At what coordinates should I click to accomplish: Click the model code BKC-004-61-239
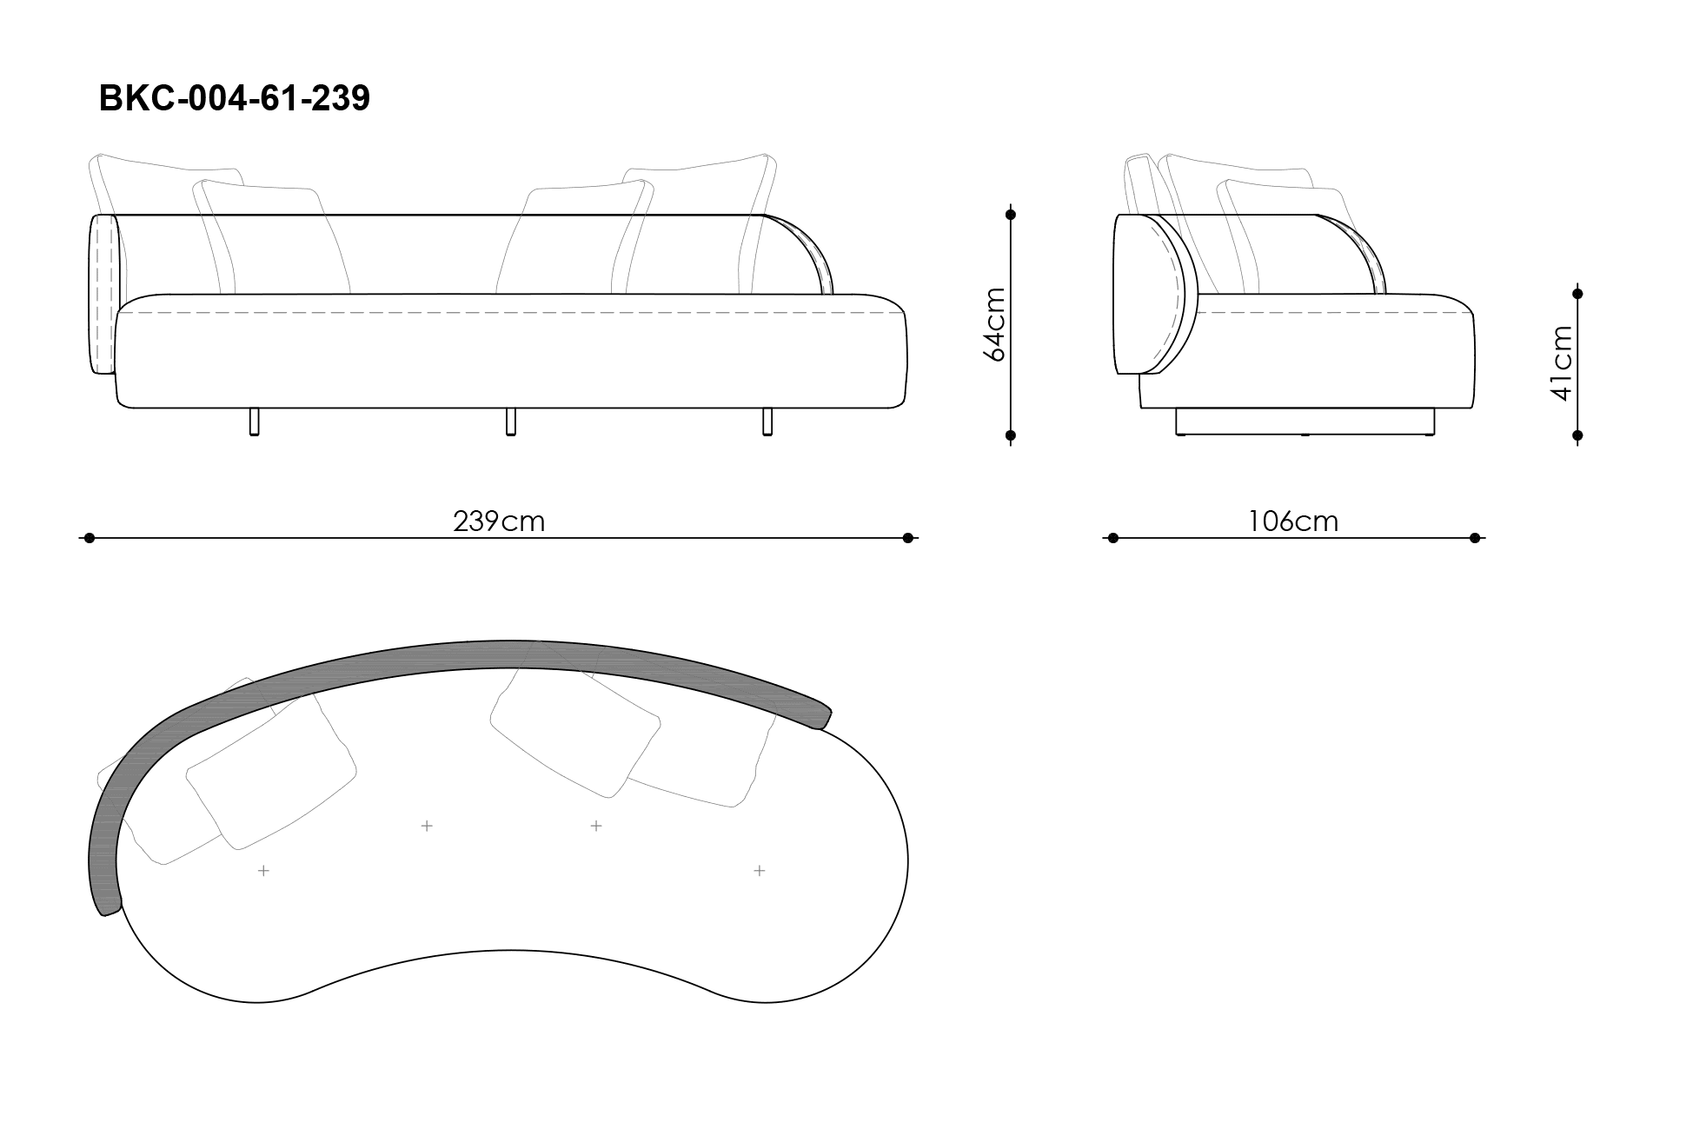[235, 98]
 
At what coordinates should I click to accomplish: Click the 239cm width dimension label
[499, 521]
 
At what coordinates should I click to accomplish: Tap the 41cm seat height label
[1561, 363]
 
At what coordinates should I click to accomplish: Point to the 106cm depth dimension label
[1293, 521]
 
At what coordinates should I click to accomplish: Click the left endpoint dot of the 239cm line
[89, 538]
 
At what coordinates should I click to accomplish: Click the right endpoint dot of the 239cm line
[908, 538]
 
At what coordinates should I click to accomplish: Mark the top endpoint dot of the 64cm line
[1010, 214]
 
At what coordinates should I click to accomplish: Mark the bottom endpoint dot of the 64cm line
[1010, 435]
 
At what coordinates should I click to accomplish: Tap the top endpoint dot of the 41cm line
[1577, 294]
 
